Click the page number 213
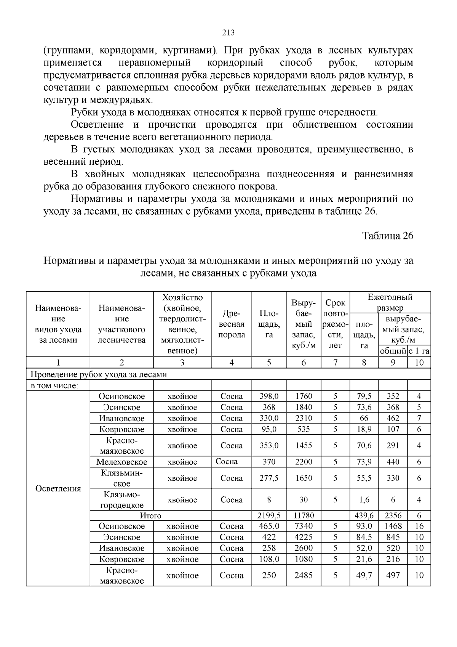click(228, 33)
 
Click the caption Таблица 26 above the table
click(388, 236)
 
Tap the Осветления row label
click(58, 489)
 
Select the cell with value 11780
click(304, 515)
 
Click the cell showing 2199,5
click(269, 515)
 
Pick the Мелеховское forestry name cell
click(121, 462)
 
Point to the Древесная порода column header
click(232, 324)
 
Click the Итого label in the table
click(150, 515)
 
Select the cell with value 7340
click(304, 526)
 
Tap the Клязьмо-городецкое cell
click(121, 499)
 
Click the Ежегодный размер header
click(390, 302)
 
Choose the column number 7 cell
click(335, 363)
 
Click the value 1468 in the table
click(393, 526)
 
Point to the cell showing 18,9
click(364, 429)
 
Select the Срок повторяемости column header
click(335, 324)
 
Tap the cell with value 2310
click(304, 418)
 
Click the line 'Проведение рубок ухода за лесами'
click(99, 374)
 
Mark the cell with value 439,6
click(364, 515)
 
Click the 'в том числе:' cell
click(54, 385)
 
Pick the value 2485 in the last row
click(304, 575)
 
